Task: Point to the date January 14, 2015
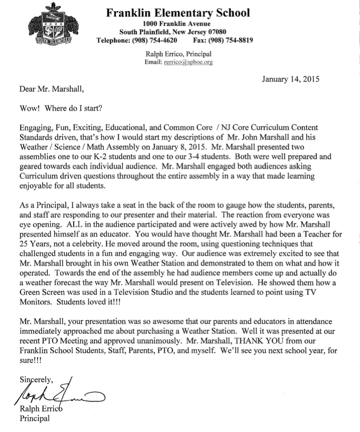point(291,78)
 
